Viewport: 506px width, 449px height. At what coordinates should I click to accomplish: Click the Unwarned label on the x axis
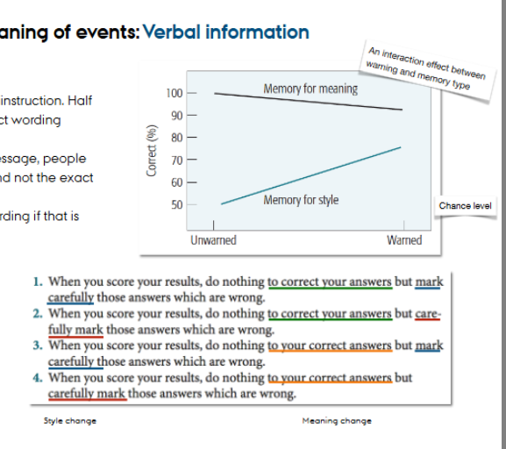click(213, 240)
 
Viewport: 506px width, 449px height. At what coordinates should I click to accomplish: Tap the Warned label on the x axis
click(403, 240)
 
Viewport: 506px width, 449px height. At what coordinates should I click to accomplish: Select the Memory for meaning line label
click(310, 89)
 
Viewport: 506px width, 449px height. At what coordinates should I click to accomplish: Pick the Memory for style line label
click(300, 201)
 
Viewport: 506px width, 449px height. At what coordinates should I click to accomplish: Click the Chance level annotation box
click(465, 206)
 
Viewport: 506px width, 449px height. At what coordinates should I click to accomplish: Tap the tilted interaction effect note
click(429, 71)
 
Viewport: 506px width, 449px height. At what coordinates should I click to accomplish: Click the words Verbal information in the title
click(225, 32)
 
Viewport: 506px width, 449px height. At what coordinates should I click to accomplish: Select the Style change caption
click(70, 421)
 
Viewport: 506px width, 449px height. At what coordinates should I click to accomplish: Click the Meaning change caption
click(336, 421)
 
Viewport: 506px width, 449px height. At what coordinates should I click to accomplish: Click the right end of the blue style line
click(401, 147)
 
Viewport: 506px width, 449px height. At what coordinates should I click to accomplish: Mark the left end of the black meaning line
click(215, 93)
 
